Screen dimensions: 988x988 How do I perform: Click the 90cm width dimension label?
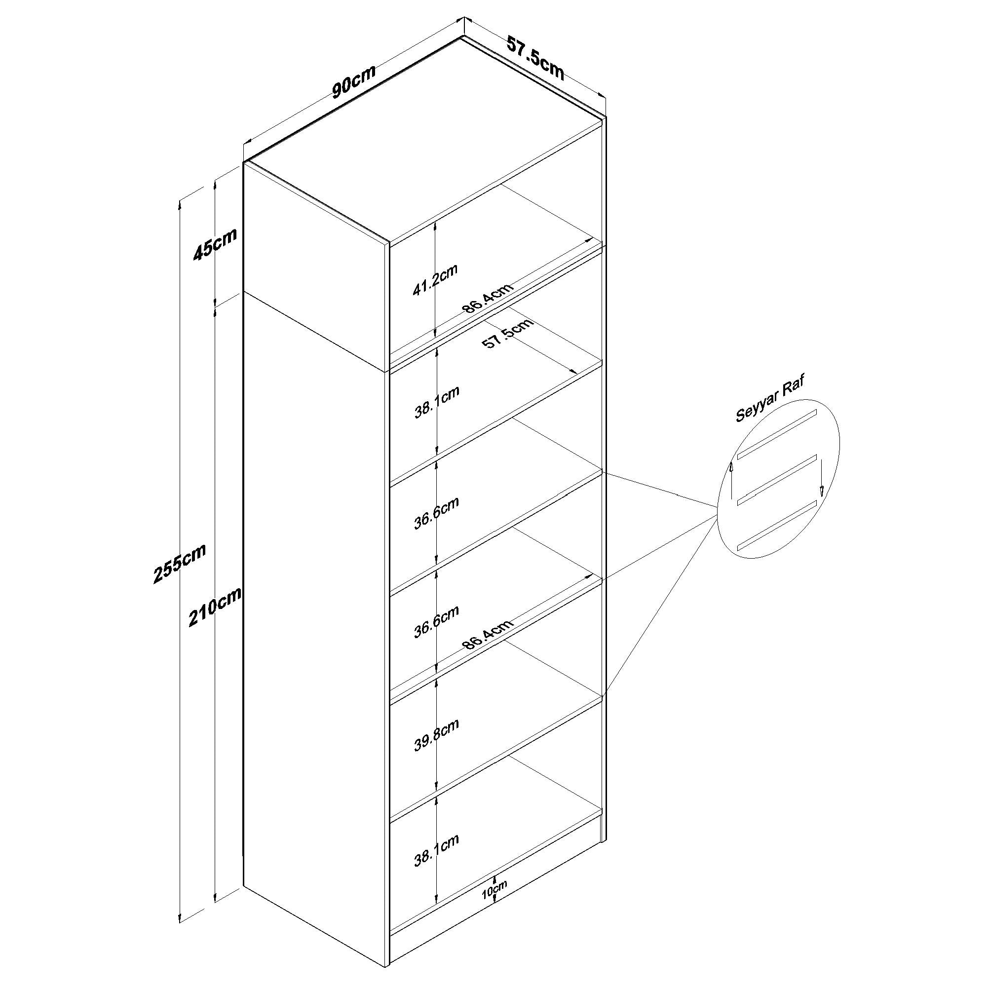354,81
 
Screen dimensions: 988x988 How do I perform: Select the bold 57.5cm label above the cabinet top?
536,57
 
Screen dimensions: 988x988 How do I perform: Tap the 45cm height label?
215,244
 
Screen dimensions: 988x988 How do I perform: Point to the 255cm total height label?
180,563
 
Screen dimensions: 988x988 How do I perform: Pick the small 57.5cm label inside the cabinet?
508,333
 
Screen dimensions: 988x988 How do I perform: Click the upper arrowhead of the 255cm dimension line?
180,204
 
